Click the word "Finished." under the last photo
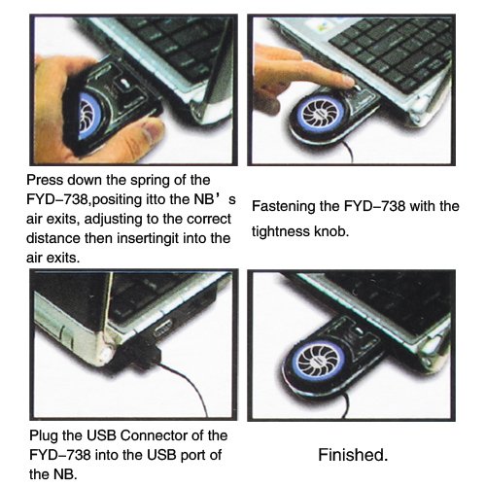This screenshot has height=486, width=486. pyautogui.click(x=353, y=455)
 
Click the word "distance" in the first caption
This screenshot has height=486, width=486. pyautogui.click(x=53, y=238)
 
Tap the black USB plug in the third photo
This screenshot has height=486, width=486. pyautogui.click(x=144, y=354)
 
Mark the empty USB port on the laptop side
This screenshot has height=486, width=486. pyautogui.click(x=163, y=329)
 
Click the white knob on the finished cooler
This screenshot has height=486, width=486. pyautogui.click(x=359, y=331)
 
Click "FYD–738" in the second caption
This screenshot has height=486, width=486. pyautogui.click(x=374, y=207)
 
